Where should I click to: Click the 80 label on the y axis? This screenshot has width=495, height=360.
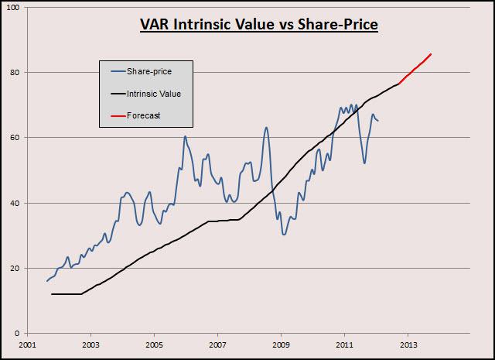[18, 73]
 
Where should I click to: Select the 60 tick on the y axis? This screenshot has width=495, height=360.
[18, 138]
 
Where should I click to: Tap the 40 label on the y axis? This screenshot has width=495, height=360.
[18, 203]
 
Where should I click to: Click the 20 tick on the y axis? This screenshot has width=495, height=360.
[18, 268]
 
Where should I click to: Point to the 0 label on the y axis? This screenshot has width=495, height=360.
[20, 333]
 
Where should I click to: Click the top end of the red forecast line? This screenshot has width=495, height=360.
[431, 54]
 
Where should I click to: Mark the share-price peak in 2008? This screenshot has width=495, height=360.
[266, 128]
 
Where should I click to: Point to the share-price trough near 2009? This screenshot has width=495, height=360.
[284, 234]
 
